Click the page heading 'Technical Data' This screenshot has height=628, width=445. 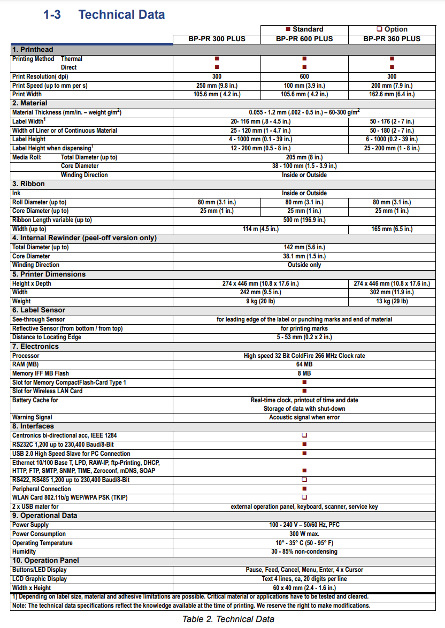(121, 14)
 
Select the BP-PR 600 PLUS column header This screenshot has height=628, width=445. (304, 39)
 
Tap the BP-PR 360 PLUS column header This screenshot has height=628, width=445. (392, 39)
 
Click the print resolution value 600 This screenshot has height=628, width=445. (304, 76)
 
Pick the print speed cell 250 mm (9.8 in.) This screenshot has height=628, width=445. (217, 86)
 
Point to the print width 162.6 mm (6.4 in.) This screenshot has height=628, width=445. (392, 95)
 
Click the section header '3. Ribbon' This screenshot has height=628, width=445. (29, 184)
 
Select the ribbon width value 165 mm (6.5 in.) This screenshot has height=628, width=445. (392, 229)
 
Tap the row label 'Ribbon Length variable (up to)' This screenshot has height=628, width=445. (52, 220)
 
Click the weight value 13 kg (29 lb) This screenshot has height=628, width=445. (392, 301)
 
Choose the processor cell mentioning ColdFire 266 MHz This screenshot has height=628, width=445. (304, 356)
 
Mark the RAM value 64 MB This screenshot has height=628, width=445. (304, 365)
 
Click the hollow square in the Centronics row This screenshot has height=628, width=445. (304, 435)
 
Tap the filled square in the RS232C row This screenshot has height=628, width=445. (304, 445)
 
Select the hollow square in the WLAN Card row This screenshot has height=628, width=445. (304, 497)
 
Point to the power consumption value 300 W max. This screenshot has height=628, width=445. (304, 534)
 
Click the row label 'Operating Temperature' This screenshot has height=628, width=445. (42, 543)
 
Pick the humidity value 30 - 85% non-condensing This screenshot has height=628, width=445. (304, 552)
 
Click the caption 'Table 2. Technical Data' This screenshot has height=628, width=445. (228, 619)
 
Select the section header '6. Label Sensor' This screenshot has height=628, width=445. (39, 310)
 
